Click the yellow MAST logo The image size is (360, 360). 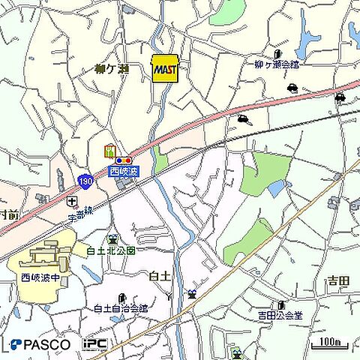164,69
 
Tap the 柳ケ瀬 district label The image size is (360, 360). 112,69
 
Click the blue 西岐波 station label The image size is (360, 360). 124,172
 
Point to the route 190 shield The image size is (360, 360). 85,182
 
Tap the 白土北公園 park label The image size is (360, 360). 111,250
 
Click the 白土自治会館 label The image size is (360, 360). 120,308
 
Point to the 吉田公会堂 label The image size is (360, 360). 280,315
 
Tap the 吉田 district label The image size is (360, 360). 337,281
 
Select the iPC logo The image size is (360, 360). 94,344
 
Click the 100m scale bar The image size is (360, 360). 329,343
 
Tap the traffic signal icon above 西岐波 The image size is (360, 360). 124,160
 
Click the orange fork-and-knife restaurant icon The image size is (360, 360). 109,151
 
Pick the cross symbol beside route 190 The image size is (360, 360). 71,201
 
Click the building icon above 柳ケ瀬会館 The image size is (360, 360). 277,54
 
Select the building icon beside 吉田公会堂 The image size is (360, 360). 281,305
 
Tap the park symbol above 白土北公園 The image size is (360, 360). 112,238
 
